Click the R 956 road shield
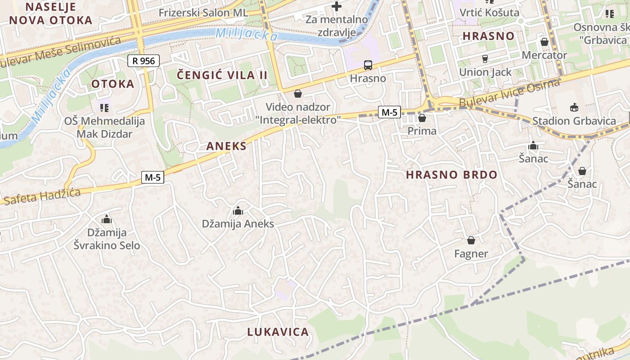coord(144,61)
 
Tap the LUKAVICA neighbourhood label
coord(278,332)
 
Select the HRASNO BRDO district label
coord(452,175)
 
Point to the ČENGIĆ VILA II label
coord(222,75)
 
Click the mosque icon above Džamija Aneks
coord(238,211)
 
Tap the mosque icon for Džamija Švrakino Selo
coord(107,219)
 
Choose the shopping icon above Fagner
coord(471,240)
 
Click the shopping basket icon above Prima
coord(422,118)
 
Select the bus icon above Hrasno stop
coord(368,65)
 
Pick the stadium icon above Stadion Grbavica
coord(574,107)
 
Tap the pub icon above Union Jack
coord(485,58)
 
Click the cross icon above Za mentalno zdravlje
coord(337,6)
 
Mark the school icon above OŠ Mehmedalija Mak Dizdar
coord(104,108)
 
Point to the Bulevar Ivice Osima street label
coord(509,93)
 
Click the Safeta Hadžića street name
coord(41,197)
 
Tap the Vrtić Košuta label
coord(489,12)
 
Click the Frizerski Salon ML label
coord(203,13)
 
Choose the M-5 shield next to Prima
coord(389,112)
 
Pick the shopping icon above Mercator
coord(544,42)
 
